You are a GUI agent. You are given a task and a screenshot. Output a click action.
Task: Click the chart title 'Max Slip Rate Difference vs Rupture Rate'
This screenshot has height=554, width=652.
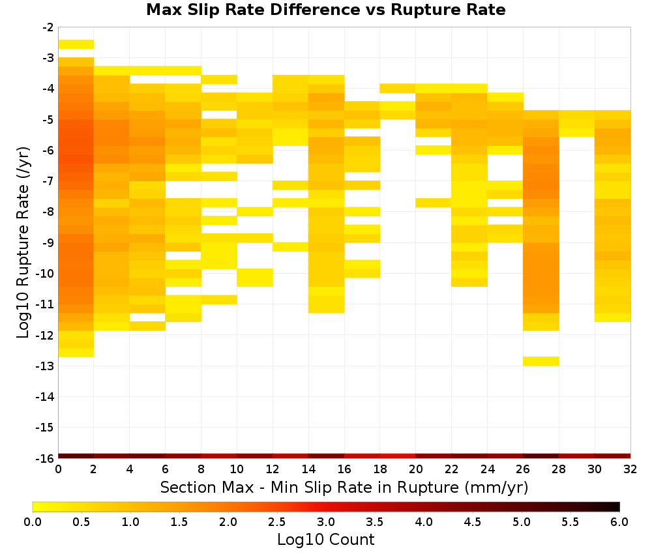(325, 10)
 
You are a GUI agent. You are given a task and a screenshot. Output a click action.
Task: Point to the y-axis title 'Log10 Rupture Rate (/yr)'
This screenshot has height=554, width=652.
(23, 242)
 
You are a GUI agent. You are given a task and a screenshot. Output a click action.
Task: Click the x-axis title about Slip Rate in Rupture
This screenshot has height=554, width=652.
(344, 487)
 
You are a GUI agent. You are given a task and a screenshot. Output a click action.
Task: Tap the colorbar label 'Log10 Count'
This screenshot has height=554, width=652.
(325, 539)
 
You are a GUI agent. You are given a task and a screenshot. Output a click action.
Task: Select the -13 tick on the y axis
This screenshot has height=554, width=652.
(45, 366)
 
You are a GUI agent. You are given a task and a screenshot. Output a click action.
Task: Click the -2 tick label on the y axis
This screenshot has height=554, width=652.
(48, 28)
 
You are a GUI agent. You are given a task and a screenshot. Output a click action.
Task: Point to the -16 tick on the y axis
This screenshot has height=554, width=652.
(45, 458)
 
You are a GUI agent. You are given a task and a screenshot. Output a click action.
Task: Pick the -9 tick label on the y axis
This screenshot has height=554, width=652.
(48, 243)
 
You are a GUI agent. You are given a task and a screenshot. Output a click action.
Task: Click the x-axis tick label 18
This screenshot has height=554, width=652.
(379, 469)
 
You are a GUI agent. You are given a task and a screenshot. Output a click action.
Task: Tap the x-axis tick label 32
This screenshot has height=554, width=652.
(630, 469)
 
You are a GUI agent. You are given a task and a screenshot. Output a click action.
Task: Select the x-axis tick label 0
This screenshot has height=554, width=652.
(58, 469)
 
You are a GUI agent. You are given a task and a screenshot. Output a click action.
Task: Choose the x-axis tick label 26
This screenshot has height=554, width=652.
(523, 469)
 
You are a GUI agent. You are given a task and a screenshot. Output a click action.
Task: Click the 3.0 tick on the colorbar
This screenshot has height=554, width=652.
(325, 521)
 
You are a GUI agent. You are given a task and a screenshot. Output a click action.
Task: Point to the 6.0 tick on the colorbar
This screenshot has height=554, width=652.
(619, 521)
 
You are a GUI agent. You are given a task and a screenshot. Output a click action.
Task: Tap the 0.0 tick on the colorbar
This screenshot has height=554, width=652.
(33, 521)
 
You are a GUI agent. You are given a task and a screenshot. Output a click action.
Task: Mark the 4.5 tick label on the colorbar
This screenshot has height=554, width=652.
(472, 521)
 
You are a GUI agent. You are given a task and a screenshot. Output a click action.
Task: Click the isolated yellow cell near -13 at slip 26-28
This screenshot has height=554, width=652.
(541, 361)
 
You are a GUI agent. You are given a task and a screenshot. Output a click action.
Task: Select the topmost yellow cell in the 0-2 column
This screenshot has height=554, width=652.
(76, 44)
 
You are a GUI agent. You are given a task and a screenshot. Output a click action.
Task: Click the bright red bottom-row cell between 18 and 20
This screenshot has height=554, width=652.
(398, 456)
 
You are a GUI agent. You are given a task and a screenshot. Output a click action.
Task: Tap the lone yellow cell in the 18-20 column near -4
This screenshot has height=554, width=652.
(398, 88)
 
